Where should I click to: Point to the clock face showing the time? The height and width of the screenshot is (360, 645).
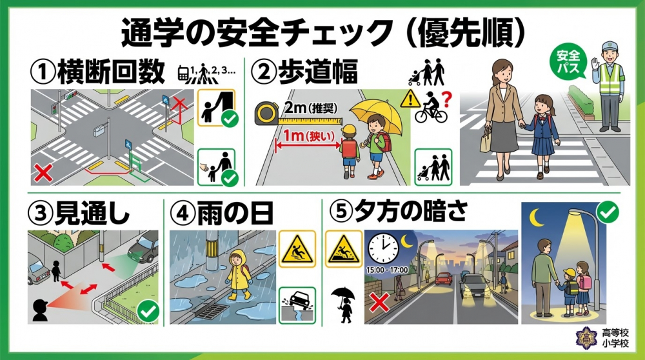coord(384,246)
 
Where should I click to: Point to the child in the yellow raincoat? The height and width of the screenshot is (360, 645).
coord(237,274)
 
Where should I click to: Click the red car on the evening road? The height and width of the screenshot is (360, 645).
coord(442,279)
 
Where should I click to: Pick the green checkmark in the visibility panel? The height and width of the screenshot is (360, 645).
coord(149,312)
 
